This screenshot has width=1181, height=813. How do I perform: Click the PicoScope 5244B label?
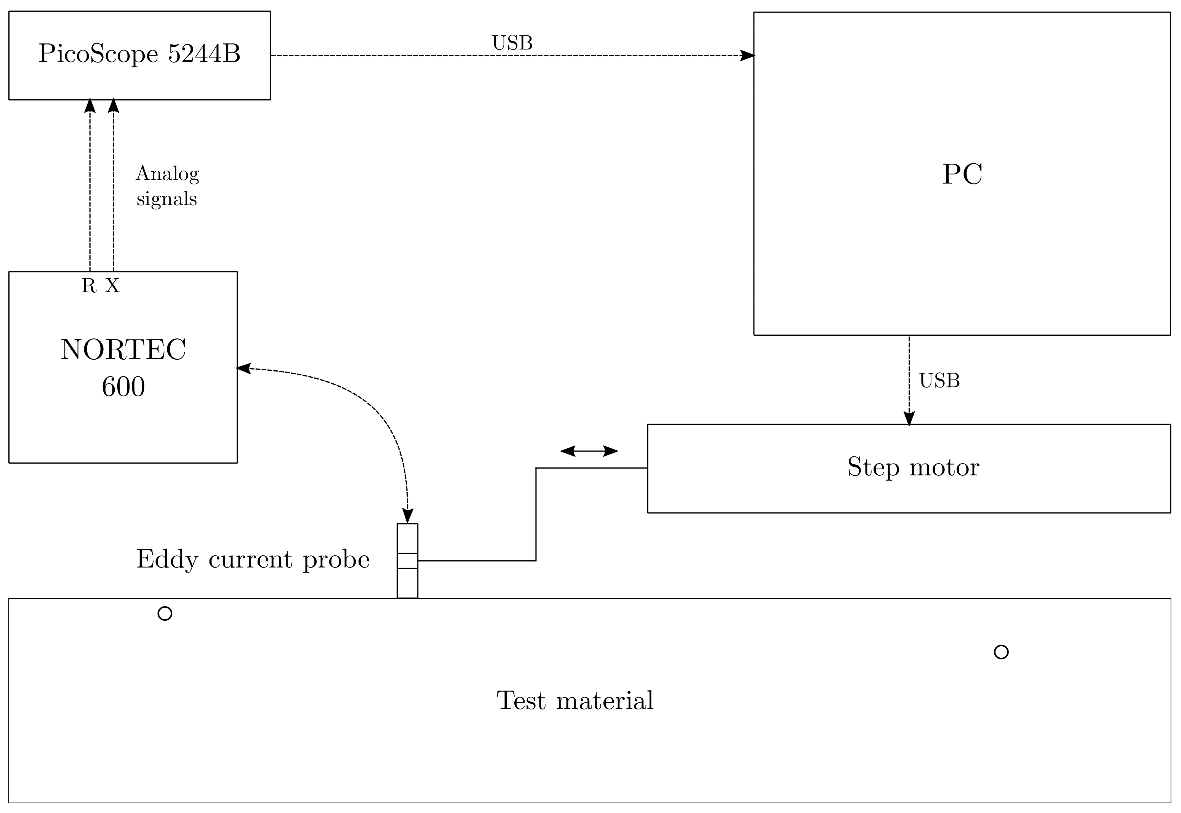pos(139,54)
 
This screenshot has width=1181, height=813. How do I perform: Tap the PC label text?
pos(962,174)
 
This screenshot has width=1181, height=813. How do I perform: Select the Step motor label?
pos(913,467)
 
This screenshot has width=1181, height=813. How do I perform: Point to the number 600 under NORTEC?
pos(123,387)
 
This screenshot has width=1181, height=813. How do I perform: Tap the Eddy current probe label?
pos(252,560)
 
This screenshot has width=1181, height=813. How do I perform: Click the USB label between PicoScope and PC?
pos(512,43)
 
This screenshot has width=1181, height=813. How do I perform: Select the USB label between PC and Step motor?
pos(939,381)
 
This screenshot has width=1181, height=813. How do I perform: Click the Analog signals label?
pos(167,186)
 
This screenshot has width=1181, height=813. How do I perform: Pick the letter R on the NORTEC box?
pos(89,286)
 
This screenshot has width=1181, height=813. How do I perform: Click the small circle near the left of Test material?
pos(165,613)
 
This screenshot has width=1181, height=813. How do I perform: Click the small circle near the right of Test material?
pos(1001,652)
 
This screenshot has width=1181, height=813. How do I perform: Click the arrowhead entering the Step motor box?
pos(909,419)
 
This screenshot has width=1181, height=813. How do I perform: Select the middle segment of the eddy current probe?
pos(407,560)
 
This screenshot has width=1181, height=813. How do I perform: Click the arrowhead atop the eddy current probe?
pos(408,516)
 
